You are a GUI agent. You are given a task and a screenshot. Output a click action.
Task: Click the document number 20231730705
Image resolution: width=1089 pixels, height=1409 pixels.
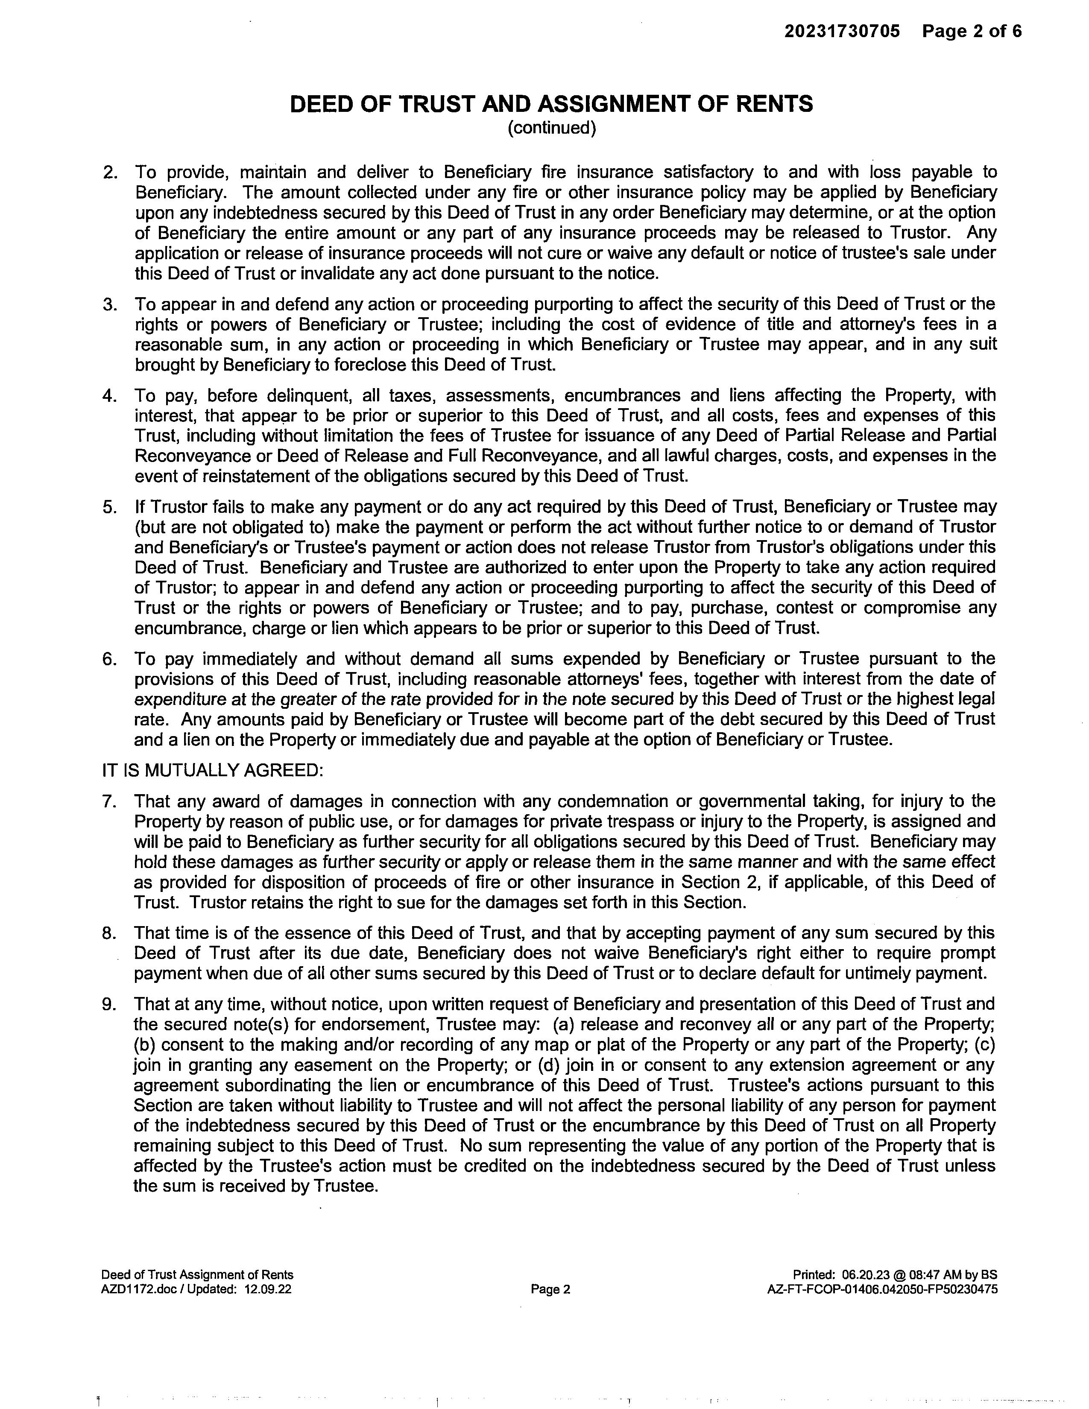[842, 31]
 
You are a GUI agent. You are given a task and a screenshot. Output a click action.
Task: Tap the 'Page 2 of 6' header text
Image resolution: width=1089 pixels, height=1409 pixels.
[972, 31]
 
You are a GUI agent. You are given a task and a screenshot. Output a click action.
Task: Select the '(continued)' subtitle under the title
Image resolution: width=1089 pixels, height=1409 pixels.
[552, 129]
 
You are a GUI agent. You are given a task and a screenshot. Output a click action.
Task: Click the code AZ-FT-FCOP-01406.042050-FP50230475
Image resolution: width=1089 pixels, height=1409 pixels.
[882, 1289]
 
